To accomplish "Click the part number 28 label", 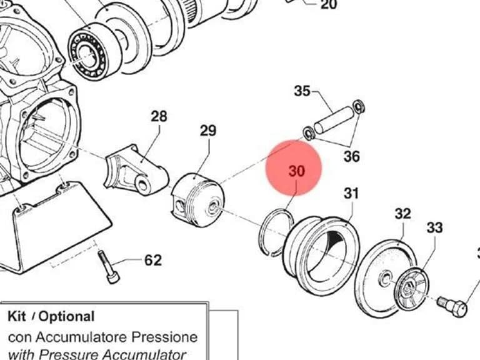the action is (159, 116).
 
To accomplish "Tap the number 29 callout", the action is (208, 131).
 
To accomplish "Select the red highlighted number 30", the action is (297, 171).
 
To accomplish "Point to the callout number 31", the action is (351, 193).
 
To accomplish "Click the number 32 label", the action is (402, 214).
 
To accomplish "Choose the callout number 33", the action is (435, 227).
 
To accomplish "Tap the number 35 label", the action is (302, 91).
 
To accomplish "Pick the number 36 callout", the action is (352, 156).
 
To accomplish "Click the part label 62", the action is (152, 261).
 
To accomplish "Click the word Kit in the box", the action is (17, 316).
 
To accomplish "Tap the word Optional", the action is (66, 317).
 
